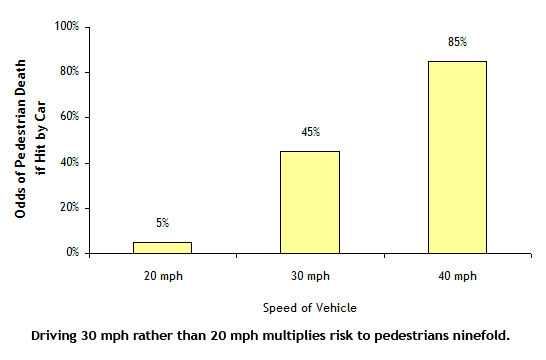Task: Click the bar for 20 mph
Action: point(162,247)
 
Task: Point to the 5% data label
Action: point(162,222)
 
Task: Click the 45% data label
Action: point(310,132)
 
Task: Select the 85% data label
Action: point(457,42)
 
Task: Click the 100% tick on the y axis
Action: point(67,26)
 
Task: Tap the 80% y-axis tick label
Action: point(69,72)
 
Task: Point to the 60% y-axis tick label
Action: point(69,117)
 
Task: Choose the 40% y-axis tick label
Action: point(69,163)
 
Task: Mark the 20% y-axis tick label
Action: point(69,208)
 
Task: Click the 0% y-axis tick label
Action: point(72,253)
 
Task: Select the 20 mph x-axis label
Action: point(162,274)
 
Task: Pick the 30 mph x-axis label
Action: point(310,274)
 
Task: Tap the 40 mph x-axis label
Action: point(457,274)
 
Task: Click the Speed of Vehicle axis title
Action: point(309,308)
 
